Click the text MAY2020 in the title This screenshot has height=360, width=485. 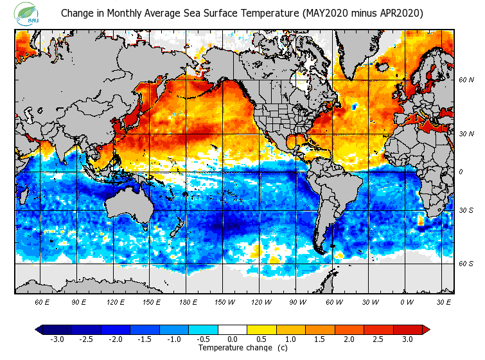323,13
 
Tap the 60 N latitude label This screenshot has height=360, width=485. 466,80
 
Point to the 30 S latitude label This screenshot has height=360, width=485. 466,210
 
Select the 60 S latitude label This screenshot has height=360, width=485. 466,264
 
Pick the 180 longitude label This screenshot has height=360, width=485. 188,301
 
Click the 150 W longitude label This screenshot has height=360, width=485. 224,301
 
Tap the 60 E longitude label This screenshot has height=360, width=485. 42,301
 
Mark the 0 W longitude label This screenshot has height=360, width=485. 406,301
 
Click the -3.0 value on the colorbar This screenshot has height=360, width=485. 57,339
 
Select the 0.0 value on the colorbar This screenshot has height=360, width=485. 233,339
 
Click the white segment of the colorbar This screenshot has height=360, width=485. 233,329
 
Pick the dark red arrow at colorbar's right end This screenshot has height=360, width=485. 425,329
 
